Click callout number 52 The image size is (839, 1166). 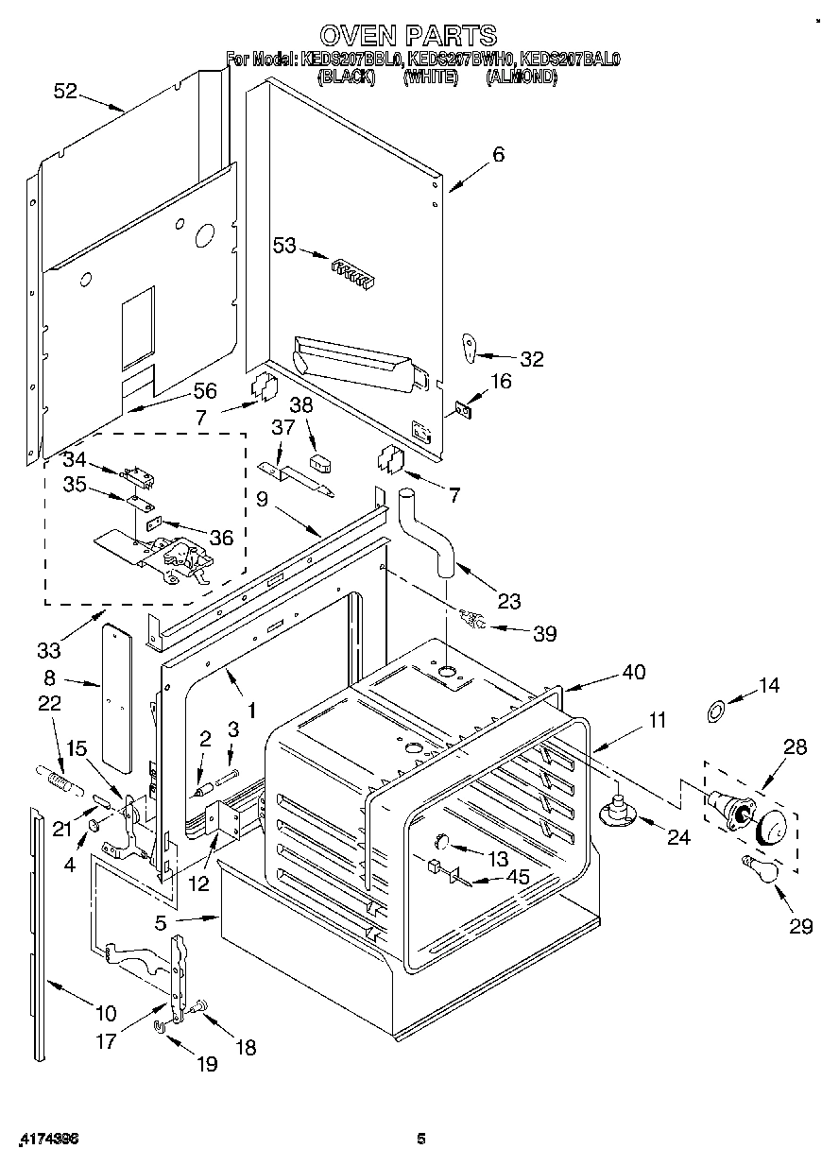pos(65,91)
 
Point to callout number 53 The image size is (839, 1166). pos(284,247)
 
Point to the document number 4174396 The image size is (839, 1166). pos(47,1140)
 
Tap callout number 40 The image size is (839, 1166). pos(633,672)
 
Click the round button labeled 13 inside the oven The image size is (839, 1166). pos(441,841)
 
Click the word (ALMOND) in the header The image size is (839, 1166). pos(522,78)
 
